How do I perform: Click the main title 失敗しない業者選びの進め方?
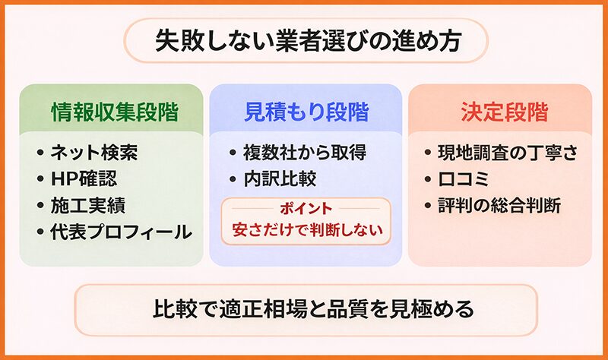pyautogui.click(x=309, y=41)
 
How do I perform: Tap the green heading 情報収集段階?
pyautogui.click(x=115, y=112)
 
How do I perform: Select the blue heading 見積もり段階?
pyautogui.click(x=306, y=112)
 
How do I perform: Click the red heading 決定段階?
pyautogui.click(x=505, y=112)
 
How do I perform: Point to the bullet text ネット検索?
pyautogui.click(x=94, y=153)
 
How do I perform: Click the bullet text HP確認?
pyautogui.click(x=84, y=178)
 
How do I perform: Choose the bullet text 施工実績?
pyautogui.click(x=88, y=205)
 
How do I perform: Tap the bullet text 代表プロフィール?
pyautogui.click(x=121, y=232)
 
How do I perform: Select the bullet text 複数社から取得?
pyautogui.click(x=305, y=153)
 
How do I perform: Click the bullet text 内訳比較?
pyautogui.click(x=280, y=178)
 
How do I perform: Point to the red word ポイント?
pyautogui.click(x=306, y=209)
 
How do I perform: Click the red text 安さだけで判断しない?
pyautogui.click(x=308, y=230)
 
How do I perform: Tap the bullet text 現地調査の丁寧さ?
pyautogui.click(x=508, y=153)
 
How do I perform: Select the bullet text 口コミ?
pyautogui.click(x=464, y=178)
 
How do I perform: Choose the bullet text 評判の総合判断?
pyautogui.click(x=499, y=205)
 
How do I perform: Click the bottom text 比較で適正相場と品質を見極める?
pyautogui.click(x=313, y=309)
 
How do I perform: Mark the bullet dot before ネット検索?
pyautogui.click(x=40, y=153)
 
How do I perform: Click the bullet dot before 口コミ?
pyautogui.click(x=428, y=178)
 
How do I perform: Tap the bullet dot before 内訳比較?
pyautogui.click(x=233, y=178)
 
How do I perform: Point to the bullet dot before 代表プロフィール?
pyautogui.click(x=40, y=232)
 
